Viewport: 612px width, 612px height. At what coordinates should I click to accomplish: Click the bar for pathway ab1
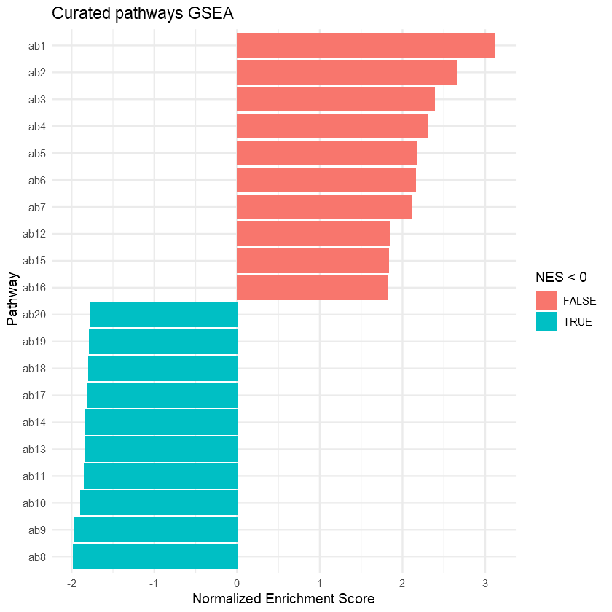tap(366, 46)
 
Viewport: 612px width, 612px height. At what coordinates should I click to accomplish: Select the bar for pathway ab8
tap(155, 557)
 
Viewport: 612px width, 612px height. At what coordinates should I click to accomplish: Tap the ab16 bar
tap(313, 288)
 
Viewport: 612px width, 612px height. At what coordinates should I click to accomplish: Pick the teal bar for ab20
tap(163, 315)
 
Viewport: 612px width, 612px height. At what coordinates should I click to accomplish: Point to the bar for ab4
tap(332, 127)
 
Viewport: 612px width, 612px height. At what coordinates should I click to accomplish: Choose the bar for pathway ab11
tap(160, 476)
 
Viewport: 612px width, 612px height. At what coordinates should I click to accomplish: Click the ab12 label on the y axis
tap(34, 234)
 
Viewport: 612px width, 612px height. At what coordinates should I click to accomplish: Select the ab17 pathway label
tap(34, 396)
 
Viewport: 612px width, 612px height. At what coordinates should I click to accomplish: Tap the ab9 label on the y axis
tap(36, 530)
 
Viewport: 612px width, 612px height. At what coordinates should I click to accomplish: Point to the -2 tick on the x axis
tap(71, 583)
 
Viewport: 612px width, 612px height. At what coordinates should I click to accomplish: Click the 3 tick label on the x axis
tap(484, 583)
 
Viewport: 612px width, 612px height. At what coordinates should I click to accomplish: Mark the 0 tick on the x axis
tap(237, 583)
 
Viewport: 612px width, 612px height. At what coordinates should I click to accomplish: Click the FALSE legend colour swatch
tap(546, 300)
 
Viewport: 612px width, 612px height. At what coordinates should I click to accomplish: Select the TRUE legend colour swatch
tap(546, 321)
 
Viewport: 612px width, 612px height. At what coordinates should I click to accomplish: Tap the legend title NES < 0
tap(561, 277)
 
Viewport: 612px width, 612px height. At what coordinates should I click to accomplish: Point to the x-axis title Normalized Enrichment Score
tap(283, 600)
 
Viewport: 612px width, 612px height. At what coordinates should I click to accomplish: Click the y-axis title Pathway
tap(12, 299)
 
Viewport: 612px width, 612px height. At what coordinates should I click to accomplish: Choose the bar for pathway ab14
tap(161, 423)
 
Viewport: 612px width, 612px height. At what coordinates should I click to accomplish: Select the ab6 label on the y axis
tap(36, 180)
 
